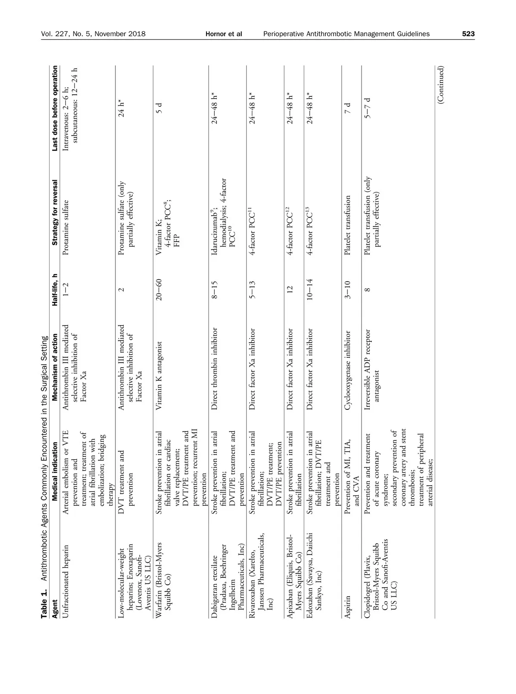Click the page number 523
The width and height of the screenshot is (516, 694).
click(x=468, y=34)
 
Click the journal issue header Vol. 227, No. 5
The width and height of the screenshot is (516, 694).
click(x=93, y=34)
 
